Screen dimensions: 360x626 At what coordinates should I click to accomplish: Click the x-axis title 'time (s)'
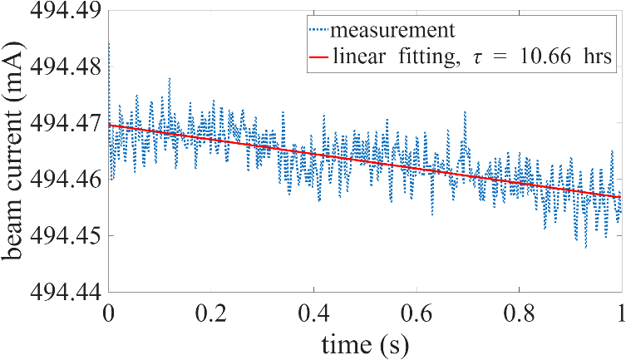[x=366, y=343]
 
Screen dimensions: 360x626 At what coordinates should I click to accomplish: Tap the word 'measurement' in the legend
[x=392, y=32]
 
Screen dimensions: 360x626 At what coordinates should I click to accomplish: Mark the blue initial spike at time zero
[x=109, y=50]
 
